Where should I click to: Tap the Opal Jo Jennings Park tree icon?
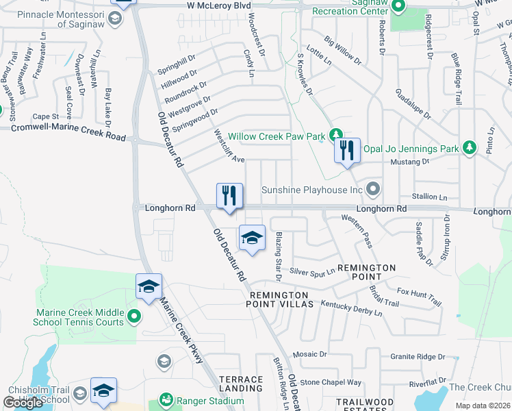469,148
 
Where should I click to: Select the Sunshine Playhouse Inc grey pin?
373,188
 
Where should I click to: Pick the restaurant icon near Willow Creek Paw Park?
347,151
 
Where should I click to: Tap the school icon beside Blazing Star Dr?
252,238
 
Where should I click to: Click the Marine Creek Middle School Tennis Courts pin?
134,316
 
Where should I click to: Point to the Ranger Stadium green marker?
165,399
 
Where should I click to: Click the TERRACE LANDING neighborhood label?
240,384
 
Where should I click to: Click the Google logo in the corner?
23,403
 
